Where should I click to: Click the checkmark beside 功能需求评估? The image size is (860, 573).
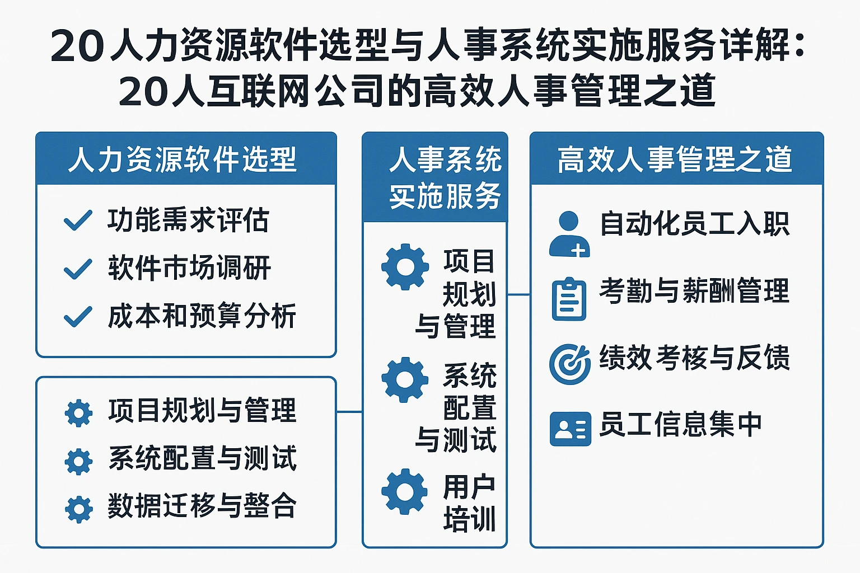tap(78, 220)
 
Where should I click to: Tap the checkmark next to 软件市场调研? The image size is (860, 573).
tap(78, 269)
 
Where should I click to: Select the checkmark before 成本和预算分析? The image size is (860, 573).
tap(78, 317)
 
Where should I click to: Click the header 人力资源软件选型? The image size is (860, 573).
tap(183, 159)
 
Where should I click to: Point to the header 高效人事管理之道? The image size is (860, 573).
tap(675, 159)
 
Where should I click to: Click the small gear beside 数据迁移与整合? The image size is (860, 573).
tap(79, 509)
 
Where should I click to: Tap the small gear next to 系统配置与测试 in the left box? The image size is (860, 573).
tap(79, 461)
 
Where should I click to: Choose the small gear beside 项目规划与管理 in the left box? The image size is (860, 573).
tap(79, 413)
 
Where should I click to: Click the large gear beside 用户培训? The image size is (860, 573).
tap(405, 491)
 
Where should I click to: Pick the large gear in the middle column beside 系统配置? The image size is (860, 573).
tap(405, 379)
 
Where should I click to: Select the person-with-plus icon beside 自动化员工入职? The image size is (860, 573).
tap(569, 234)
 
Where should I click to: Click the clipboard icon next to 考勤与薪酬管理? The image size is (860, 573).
tap(569, 299)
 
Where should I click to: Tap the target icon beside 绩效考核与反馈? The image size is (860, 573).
tap(570, 364)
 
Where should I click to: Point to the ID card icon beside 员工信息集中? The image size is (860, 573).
tap(570, 429)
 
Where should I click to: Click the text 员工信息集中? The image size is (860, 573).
tap(681, 424)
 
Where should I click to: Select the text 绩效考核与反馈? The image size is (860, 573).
tap(694, 358)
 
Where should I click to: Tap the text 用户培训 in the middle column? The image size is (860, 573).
tap(469, 502)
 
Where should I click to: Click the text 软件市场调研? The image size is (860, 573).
tap(189, 268)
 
